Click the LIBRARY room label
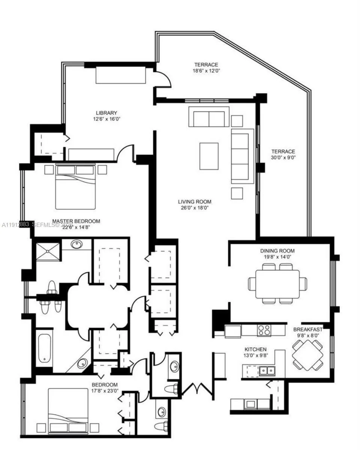[107, 113]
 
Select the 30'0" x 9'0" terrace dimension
[283, 157]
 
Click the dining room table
[277, 283]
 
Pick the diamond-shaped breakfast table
[307, 355]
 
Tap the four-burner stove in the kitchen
[264, 330]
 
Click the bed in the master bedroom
[75, 186]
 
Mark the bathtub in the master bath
[45, 349]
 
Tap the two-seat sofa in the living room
[209, 117]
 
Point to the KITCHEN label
[256, 349]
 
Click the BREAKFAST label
[307, 330]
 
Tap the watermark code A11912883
[16, 225]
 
